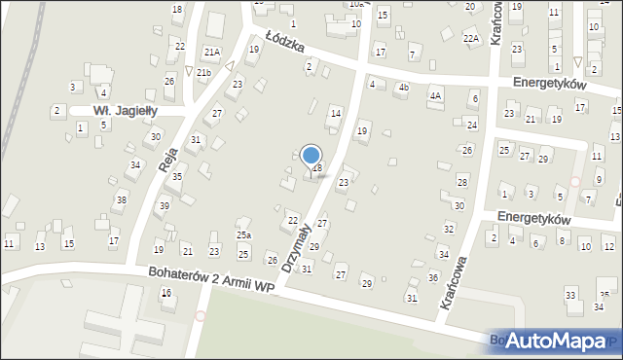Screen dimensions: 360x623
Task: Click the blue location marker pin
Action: coord(311,156)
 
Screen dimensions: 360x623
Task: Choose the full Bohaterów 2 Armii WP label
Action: coord(210,281)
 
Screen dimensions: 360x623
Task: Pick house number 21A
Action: coord(211,52)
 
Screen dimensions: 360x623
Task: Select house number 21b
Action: coord(203,73)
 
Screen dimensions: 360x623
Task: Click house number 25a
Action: coord(243,234)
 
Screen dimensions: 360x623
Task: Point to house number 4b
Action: coord(403,88)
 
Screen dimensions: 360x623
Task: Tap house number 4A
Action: coord(436,94)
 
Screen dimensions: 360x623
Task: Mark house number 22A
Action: coord(471,38)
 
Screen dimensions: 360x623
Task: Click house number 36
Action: coord(433,277)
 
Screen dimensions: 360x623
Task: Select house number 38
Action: coord(121,199)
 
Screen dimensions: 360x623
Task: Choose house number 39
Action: coord(165,205)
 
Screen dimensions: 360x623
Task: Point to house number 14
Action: coord(336,114)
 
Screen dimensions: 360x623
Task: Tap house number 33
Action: coord(570,294)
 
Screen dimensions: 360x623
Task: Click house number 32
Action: coord(449,228)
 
